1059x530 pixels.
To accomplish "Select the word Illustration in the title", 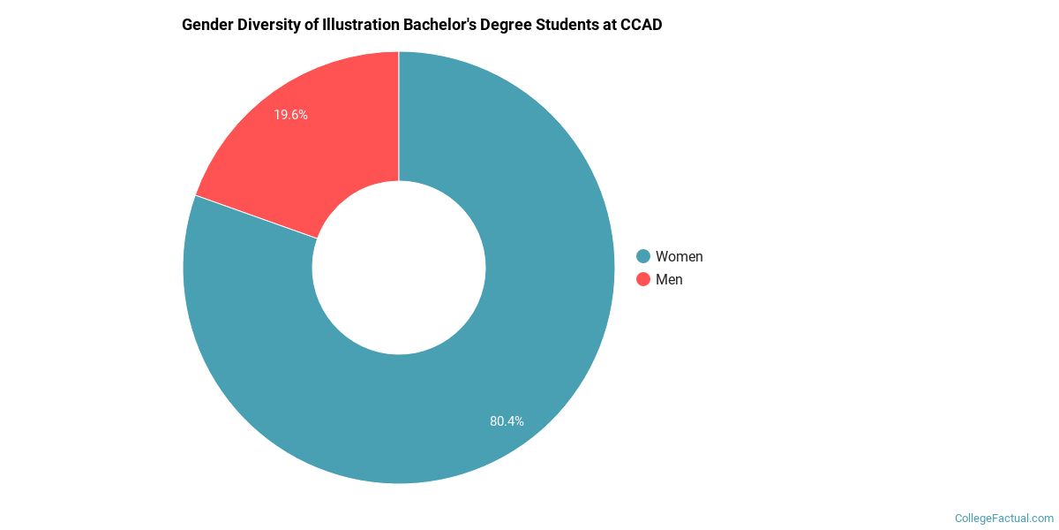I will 362,25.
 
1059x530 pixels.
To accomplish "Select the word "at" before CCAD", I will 614,25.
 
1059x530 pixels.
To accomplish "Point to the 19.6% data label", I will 290,115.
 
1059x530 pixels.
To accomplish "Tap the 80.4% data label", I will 507,421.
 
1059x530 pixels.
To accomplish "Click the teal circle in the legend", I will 643,256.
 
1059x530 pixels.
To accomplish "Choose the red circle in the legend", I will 643,279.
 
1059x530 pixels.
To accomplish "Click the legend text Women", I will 679,256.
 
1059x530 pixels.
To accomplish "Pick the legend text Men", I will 669,279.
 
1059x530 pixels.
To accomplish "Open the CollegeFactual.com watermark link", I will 1004,518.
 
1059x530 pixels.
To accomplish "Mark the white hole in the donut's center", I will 399,268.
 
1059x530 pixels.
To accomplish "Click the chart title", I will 422,25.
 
